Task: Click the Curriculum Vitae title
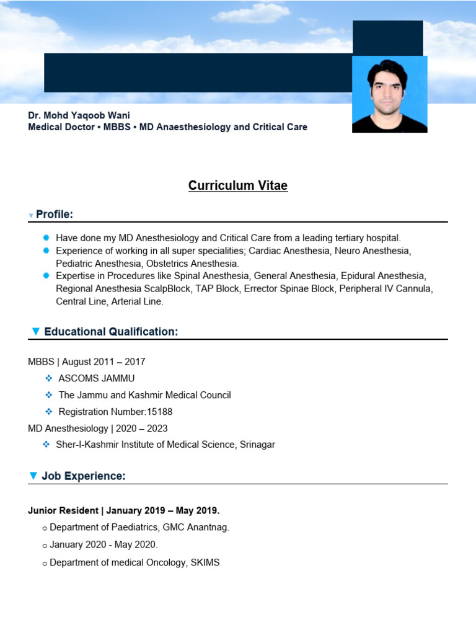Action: pyautogui.click(x=238, y=185)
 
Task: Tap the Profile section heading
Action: pyautogui.click(x=55, y=215)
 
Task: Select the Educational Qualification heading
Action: pyautogui.click(x=111, y=332)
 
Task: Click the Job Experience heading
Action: pyautogui.click(x=84, y=476)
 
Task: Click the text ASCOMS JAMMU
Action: pyautogui.click(x=96, y=378)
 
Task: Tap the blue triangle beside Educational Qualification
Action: pyautogui.click(x=35, y=332)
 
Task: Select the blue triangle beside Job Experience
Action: pyautogui.click(x=33, y=476)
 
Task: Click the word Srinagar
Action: pyautogui.click(x=257, y=444)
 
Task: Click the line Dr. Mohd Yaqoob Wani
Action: pyautogui.click(x=79, y=115)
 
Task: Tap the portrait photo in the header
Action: pyautogui.click(x=389, y=94)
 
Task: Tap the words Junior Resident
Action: pyautogui.click(x=63, y=510)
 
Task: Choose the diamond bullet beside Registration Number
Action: pyautogui.click(x=48, y=411)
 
